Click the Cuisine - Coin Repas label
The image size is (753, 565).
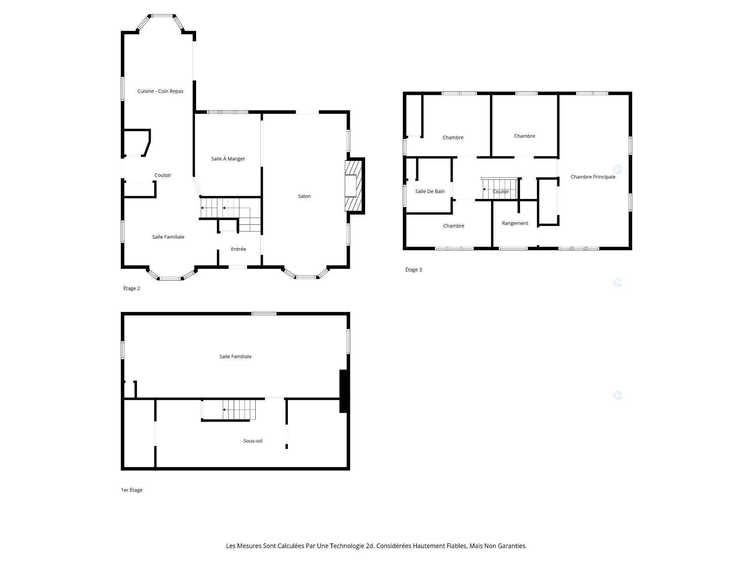160,91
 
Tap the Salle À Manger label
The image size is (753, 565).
228,159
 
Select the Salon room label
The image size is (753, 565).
304,196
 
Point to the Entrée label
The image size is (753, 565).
238,249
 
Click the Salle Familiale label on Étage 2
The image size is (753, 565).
168,237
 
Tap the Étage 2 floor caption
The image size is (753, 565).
131,288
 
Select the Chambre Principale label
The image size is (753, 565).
593,177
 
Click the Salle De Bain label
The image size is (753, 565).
430,191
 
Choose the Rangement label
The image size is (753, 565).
515,223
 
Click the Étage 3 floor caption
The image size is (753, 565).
413,270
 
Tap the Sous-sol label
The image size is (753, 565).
253,441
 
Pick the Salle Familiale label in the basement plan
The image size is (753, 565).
235,357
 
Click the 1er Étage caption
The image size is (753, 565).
131,490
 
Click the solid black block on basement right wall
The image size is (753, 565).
344,391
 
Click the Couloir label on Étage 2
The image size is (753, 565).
162,175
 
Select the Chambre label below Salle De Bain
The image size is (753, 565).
453,226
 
